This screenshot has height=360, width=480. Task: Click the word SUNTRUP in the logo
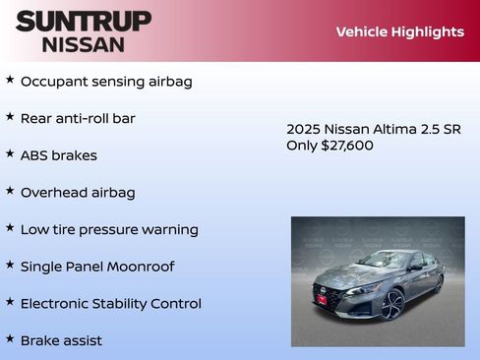point(84,21)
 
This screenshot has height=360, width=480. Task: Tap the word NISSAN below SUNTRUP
point(84,44)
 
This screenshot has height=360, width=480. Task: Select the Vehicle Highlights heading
point(399,31)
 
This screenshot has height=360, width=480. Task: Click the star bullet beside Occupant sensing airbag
point(10,80)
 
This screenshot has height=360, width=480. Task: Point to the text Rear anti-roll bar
point(78,118)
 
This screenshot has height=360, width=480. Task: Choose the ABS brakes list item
point(58,155)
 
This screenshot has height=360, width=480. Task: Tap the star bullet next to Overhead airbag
point(10,191)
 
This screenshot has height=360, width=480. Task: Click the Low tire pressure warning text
point(109,229)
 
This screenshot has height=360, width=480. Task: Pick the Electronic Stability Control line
point(110,303)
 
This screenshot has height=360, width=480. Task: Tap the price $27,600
point(347,146)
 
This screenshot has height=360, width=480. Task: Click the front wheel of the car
point(392,304)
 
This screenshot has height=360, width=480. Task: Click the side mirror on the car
point(415,268)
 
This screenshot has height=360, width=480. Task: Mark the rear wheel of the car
point(439,284)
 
